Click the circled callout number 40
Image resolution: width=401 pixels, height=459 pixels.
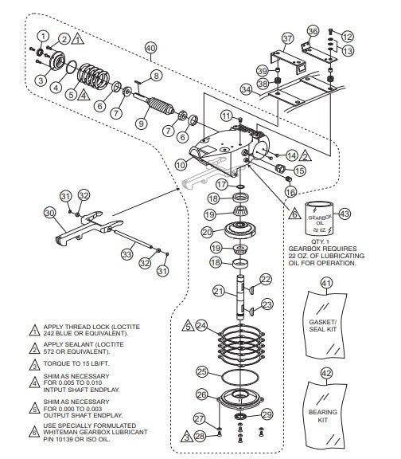(x=150, y=49)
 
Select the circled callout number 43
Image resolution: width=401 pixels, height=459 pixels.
(x=344, y=213)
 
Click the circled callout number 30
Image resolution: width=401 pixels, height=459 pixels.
(x=49, y=213)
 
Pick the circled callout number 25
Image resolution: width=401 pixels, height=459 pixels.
(x=203, y=371)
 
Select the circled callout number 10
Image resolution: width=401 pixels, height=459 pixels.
(x=181, y=165)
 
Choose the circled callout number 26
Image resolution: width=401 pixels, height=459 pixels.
(x=202, y=394)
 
